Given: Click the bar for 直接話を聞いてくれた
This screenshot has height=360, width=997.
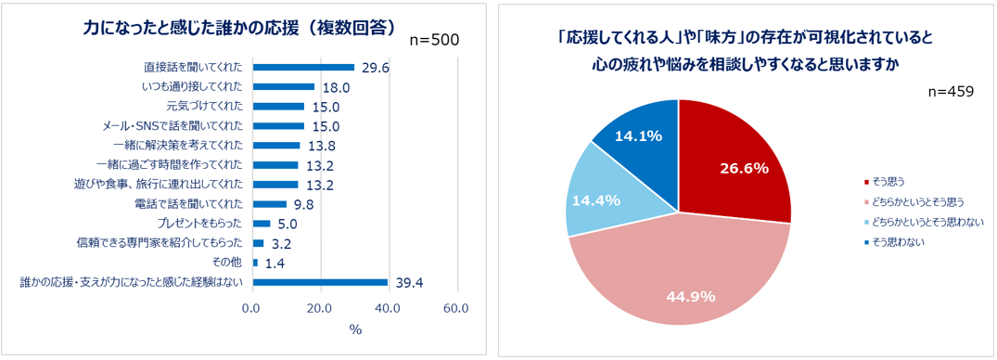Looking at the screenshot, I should click(303, 67).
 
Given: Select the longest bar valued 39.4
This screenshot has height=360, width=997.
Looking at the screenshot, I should click(320, 282).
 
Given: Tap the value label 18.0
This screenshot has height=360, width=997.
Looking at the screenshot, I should click(335, 87).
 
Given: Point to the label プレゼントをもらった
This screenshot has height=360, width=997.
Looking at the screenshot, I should click(201, 224).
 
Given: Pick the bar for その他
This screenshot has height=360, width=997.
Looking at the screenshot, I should click(255, 263).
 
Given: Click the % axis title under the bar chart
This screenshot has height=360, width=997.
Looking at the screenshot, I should click(354, 329).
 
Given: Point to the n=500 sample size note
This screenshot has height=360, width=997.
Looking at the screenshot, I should click(434, 40).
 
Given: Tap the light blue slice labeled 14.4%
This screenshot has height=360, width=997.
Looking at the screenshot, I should click(598, 199).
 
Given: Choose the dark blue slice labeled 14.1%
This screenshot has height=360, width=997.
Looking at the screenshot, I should click(640, 139).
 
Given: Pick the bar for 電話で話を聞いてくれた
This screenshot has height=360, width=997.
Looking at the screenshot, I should click(270, 204).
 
